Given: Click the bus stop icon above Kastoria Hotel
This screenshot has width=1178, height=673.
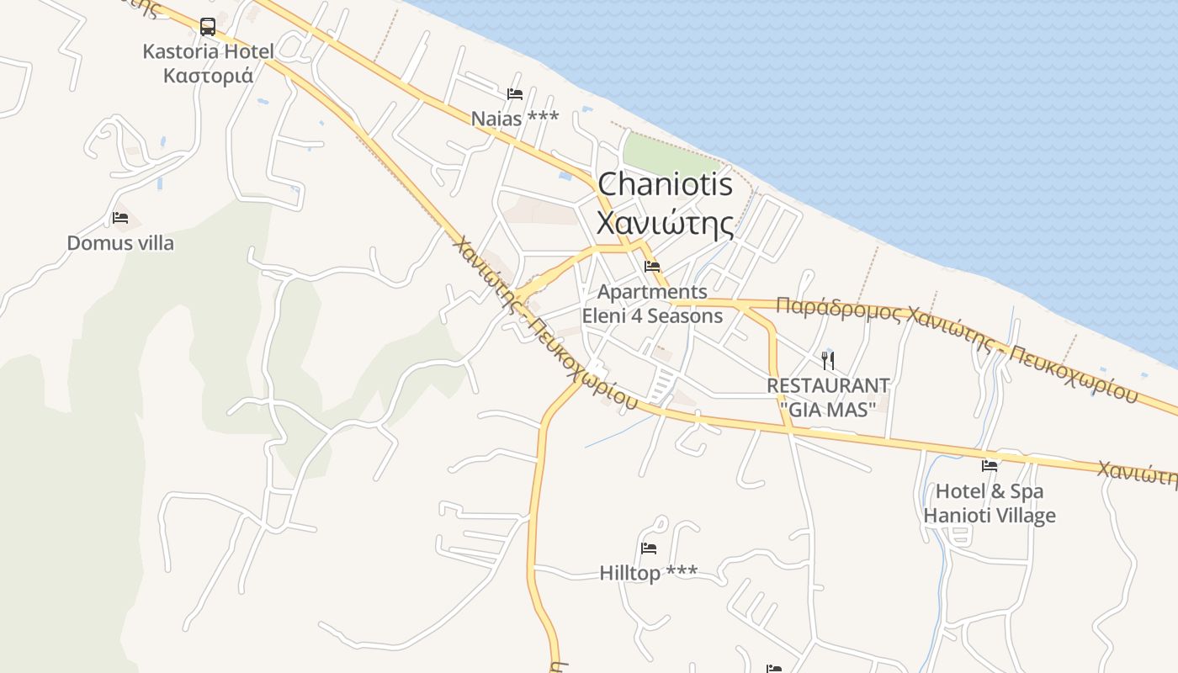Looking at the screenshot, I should [208, 27].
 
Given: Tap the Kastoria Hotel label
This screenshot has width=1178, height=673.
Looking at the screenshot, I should [208, 51].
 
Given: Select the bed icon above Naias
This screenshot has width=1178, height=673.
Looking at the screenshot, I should [515, 94].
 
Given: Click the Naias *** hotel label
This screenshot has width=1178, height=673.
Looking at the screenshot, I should [514, 119].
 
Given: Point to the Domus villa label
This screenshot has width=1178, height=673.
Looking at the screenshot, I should [120, 243].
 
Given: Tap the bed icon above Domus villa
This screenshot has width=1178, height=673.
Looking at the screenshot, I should [120, 219].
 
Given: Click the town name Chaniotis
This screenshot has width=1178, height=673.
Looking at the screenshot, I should [665, 184].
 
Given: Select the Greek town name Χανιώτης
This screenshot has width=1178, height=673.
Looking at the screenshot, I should [665, 223].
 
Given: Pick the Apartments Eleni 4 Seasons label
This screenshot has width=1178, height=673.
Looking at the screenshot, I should [652, 304].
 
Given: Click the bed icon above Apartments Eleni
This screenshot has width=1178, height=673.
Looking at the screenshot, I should [652, 267].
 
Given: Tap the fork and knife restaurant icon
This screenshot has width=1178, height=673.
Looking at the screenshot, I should [828, 361].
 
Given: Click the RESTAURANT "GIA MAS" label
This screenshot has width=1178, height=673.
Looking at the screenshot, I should [828, 396].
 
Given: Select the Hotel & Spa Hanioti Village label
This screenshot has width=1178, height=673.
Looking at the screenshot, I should [990, 503].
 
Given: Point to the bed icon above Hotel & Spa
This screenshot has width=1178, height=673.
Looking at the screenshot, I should [990, 465].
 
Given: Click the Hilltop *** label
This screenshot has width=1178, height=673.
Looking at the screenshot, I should [648, 573].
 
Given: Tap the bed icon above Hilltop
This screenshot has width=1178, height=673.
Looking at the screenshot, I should [648, 548].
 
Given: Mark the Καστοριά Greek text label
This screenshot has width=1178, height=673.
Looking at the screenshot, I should [208, 76].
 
